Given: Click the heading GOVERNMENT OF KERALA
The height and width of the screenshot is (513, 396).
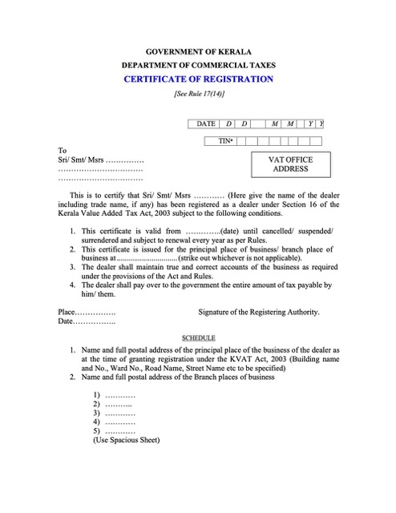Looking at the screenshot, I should (198, 51).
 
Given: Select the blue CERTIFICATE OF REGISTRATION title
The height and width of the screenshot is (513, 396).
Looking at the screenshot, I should (198, 79).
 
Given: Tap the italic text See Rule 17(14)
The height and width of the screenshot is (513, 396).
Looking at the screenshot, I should (198, 94).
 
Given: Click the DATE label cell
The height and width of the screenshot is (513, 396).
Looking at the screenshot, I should (206, 123).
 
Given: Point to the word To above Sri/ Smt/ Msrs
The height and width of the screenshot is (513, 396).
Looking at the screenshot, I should (63, 150).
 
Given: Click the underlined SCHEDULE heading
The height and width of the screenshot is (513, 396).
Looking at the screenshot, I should (198, 338).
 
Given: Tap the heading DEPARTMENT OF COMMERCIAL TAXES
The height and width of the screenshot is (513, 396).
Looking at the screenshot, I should (198, 64).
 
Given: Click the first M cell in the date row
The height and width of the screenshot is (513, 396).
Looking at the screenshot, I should (275, 123).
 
